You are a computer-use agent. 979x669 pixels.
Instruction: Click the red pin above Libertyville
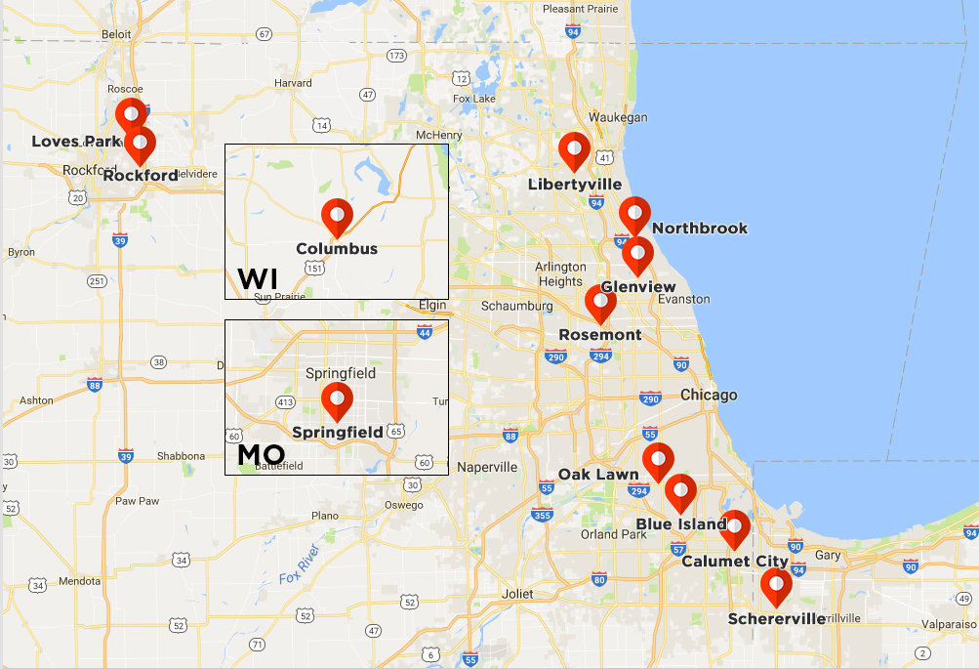[574, 149]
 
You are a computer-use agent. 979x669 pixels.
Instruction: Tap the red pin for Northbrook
[634, 214]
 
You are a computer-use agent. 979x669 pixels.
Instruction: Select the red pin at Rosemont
[600, 302]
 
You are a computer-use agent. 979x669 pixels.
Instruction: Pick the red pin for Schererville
[776, 586]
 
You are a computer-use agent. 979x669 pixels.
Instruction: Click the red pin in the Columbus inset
[337, 216]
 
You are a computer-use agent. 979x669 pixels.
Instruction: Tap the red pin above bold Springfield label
[337, 399]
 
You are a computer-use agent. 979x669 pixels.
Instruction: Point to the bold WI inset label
[258, 278]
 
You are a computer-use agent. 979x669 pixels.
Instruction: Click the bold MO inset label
[261, 454]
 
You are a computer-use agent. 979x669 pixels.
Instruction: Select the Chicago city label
[709, 396]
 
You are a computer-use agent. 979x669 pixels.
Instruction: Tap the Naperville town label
[486, 468]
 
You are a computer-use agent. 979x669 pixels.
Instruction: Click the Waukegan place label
[618, 117]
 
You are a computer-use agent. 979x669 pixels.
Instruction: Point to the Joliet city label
[516, 594]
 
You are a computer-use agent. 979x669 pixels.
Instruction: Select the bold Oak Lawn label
[598, 475]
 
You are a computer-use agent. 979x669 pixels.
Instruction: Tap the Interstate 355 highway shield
[543, 515]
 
